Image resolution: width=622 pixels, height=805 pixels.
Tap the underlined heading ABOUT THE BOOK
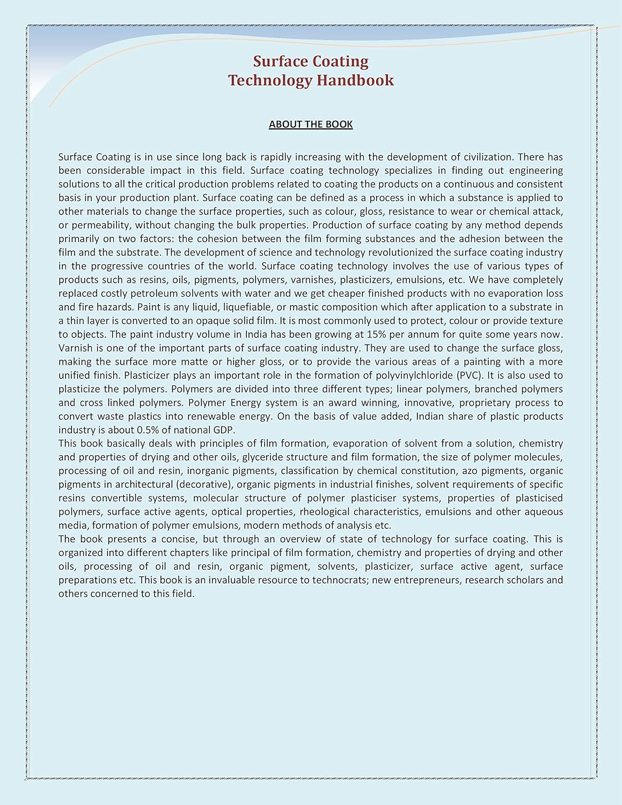pos(311,124)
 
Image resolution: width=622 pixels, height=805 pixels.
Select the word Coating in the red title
pos(341,61)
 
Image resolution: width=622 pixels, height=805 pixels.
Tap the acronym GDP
pos(224,430)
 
